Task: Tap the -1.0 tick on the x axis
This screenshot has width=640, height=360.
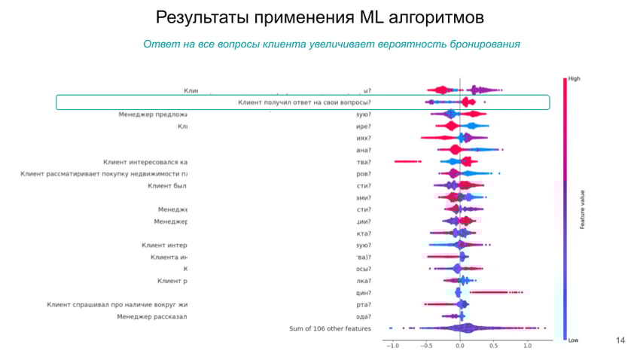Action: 392,346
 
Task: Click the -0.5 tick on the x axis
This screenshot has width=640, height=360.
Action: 426,346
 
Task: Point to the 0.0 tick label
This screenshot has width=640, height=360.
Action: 460,346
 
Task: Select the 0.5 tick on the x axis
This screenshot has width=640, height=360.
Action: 493,346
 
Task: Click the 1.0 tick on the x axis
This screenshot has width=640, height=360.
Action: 527,346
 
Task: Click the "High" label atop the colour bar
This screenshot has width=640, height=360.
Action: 574,78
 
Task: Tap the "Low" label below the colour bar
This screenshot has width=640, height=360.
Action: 573,340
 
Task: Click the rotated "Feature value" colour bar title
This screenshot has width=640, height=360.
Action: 582,209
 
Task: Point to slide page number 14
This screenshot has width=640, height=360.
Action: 620,340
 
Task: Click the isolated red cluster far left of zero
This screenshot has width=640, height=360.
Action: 407,161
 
